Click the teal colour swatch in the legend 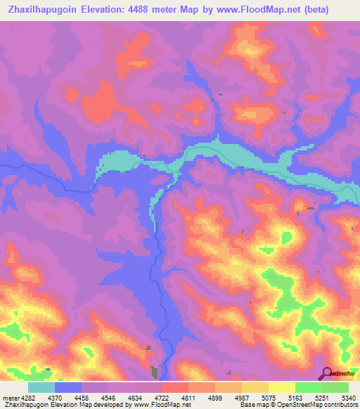(x=41, y=387)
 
